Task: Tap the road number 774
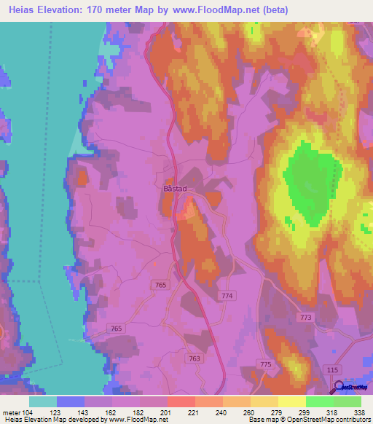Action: click(227, 295)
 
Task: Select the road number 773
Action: click(305, 318)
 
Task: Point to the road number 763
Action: click(195, 358)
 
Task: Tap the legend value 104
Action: click(28, 412)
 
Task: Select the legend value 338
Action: click(361, 412)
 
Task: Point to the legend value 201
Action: click(167, 412)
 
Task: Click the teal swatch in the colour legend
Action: click(42, 401)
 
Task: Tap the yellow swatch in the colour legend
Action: click(291, 401)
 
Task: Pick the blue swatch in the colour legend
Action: click(70, 401)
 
